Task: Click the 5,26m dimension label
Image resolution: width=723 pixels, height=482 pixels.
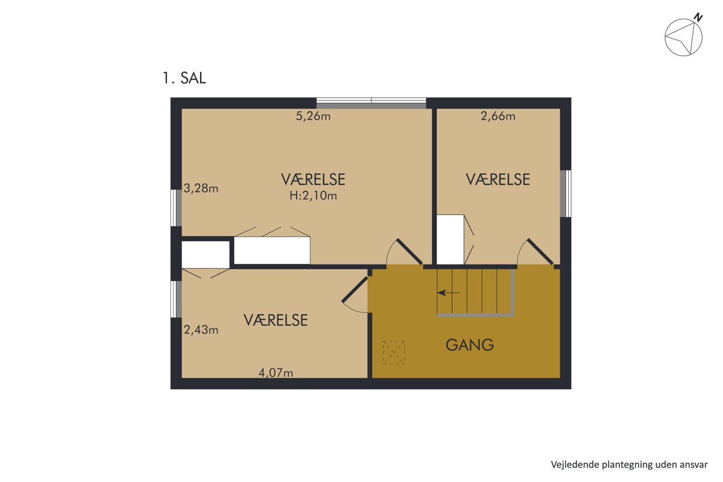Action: (x=313, y=116)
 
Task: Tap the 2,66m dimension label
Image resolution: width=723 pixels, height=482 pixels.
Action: (x=498, y=116)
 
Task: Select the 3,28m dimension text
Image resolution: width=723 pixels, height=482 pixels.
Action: (x=201, y=188)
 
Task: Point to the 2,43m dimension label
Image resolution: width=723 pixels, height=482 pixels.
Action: (x=201, y=330)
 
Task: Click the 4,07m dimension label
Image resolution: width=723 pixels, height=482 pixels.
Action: (x=276, y=373)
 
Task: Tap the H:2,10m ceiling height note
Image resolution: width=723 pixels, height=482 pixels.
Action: (x=313, y=196)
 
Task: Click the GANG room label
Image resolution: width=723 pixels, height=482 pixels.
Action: (x=469, y=345)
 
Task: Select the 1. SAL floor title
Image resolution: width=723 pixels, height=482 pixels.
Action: (x=184, y=78)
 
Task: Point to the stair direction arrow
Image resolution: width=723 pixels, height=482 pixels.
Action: (x=449, y=293)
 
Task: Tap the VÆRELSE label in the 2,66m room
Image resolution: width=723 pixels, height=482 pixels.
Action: (x=498, y=180)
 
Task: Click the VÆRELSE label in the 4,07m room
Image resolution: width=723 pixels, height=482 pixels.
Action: (x=276, y=321)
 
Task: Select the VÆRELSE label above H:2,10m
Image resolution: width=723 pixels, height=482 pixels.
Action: (x=313, y=180)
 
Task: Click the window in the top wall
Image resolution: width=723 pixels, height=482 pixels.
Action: (x=371, y=103)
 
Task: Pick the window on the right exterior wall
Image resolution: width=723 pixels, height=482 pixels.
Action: (x=566, y=194)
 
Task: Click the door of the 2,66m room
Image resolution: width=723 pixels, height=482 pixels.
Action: (x=540, y=252)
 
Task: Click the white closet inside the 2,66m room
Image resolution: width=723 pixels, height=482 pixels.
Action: (x=450, y=240)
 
